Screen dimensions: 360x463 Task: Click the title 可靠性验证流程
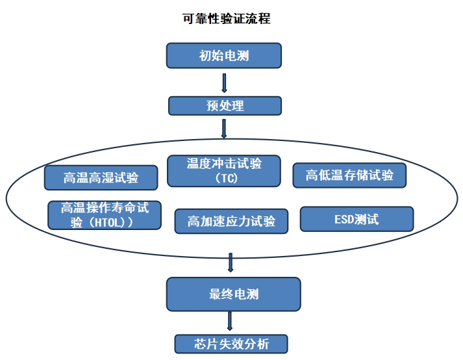coord(226,19)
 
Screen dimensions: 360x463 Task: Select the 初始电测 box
coord(224,55)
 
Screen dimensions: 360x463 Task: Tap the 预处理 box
coord(225,105)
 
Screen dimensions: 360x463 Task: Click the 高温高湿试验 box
coord(101,177)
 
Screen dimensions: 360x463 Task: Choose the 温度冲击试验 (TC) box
coord(224,170)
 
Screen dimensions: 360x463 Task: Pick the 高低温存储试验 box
coord(349,174)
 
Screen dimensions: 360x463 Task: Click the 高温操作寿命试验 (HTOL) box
coord(105,214)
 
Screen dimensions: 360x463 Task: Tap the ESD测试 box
coord(357,219)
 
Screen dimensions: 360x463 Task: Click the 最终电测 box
coord(234,294)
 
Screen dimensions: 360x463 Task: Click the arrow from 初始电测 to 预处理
coord(224,83)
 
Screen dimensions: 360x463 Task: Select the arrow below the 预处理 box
coord(224,127)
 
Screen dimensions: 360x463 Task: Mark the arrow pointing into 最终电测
coord(231,263)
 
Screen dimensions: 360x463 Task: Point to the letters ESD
coord(344,219)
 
